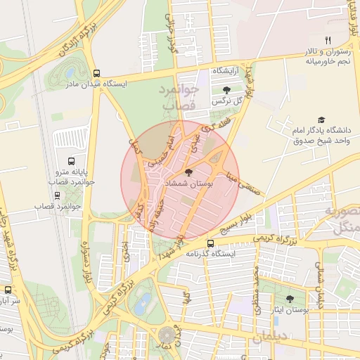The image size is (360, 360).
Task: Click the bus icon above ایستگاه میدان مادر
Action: pos(96,72)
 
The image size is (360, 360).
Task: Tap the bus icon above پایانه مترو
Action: pos(69,161)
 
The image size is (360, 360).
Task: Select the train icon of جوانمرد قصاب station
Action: pos(55,195)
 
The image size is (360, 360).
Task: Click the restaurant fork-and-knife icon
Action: pos(327,40)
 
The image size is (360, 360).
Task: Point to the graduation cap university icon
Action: pos(321,120)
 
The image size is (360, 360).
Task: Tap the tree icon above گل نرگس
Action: pos(226,89)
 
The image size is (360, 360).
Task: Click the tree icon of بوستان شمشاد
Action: pos(188,172)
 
